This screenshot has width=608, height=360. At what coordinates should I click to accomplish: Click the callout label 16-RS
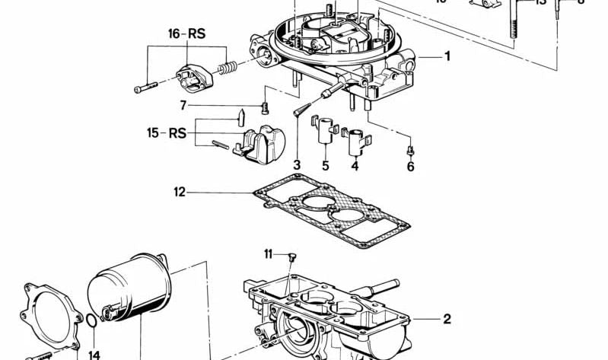click(x=186, y=34)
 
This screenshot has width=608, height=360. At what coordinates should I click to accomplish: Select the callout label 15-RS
click(x=167, y=133)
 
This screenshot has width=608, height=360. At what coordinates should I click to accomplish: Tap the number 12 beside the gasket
click(x=179, y=193)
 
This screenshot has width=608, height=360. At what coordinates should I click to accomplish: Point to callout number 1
click(x=447, y=56)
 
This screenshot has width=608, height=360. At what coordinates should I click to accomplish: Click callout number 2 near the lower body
click(x=447, y=319)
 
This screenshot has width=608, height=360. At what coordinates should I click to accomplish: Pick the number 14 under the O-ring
click(x=94, y=355)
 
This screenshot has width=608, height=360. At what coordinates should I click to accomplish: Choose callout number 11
click(x=268, y=253)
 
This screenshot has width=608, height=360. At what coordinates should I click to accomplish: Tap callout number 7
click(x=183, y=105)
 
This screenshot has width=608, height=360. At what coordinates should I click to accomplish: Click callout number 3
click(x=297, y=164)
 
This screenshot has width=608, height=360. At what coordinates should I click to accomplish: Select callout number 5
click(x=324, y=164)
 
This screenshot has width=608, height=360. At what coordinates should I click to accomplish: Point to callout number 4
click(x=355, y=164)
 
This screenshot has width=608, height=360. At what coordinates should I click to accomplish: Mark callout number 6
click(x=410, y=166)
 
